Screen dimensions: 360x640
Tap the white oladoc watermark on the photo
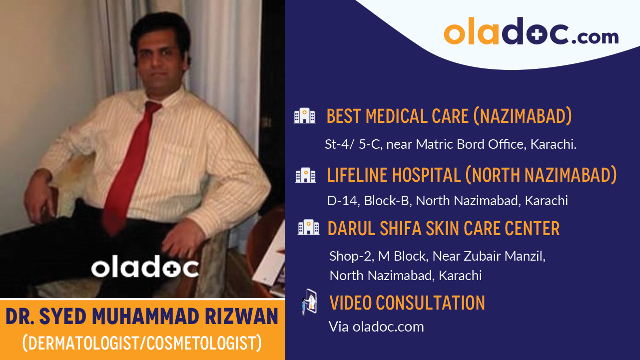click(x=145, y=268)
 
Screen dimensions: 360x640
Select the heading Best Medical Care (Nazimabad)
click(x=449, y=116)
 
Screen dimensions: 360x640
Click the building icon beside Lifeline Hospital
click(x=305, y=175)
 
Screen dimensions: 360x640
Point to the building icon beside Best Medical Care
click(x=304, y=116)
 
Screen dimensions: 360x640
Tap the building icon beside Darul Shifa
click(x=308, y=228)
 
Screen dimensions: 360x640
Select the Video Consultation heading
click(x=407, y=303)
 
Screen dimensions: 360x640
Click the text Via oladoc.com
click(x=376, y=327)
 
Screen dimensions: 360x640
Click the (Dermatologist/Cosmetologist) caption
click(x=142, y=343)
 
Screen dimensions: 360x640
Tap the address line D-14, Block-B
click(x=447, y=201)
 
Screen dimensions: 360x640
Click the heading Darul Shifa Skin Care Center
click(x=443, y=229)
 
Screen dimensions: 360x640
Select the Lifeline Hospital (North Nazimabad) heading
click(x=472, y=175)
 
